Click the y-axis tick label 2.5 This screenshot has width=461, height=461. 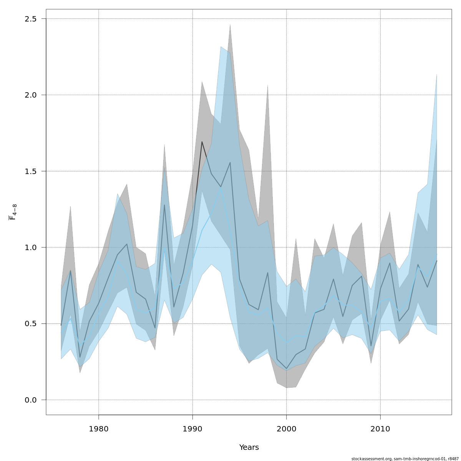[30, 19]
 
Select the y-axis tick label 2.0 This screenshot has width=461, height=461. [30, 95]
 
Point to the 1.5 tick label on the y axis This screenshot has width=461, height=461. [30, 171]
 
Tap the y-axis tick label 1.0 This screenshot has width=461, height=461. [30, 247]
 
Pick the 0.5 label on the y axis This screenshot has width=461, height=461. [30, 324]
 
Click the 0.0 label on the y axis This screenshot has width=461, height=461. [30, 400]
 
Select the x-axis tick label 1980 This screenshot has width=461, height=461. [99, 429]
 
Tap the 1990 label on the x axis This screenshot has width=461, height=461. [192, 429]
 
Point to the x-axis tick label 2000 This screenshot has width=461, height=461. [287, 429]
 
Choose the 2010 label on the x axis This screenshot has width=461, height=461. [380, 429]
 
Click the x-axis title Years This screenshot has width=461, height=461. [249, 448]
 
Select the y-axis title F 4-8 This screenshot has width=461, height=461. [13, 212]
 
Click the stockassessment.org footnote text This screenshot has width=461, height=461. [405, 459]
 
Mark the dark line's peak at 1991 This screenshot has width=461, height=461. [202, 142]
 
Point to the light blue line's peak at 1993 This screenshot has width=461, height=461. [221, 187]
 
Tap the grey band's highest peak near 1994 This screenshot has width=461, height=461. [230, 24]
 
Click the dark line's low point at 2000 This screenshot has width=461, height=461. [287, 368]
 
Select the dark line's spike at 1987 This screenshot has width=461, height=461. [164, 205]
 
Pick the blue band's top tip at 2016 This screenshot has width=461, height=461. [437, 75]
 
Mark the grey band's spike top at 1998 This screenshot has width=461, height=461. [268, 85]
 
